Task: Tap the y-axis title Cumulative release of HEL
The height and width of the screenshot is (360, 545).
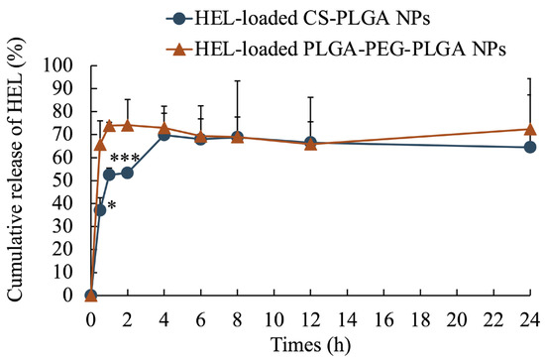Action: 14,180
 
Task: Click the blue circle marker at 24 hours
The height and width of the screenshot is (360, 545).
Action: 530,147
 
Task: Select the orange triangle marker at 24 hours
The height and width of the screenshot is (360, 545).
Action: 530,129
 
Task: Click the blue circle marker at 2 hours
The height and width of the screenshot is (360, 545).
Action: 127,173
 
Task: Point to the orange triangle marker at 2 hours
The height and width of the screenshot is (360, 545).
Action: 127,125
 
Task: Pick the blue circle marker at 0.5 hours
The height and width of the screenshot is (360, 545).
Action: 100,209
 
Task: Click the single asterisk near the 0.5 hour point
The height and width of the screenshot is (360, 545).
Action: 112,205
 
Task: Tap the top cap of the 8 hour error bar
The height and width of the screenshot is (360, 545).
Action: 237,81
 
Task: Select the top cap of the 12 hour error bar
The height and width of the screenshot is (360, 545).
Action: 310,97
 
